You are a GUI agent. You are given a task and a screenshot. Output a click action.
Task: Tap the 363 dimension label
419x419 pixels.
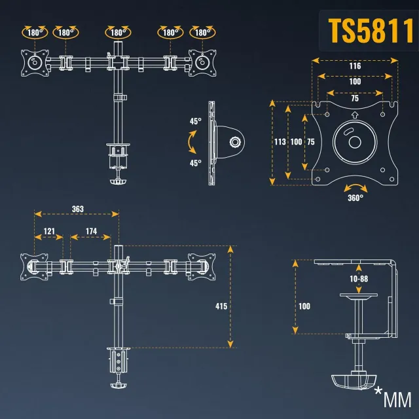[77, 209]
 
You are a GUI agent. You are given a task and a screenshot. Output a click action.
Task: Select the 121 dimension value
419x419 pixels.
[48, 232]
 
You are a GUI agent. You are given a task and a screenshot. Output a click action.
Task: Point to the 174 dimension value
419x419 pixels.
[91, 232]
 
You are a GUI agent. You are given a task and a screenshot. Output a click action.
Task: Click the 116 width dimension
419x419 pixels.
[355, 66]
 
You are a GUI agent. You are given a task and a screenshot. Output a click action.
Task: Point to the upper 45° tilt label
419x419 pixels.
[195, 121]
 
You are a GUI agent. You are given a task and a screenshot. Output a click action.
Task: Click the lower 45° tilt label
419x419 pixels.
[195, 163]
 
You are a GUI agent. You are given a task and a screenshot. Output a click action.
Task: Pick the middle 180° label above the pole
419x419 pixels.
[118, 31]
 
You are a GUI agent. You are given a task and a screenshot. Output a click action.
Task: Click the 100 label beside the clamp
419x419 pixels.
[303, 306]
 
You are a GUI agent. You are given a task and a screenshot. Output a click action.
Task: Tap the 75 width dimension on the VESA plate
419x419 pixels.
[355, 99]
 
